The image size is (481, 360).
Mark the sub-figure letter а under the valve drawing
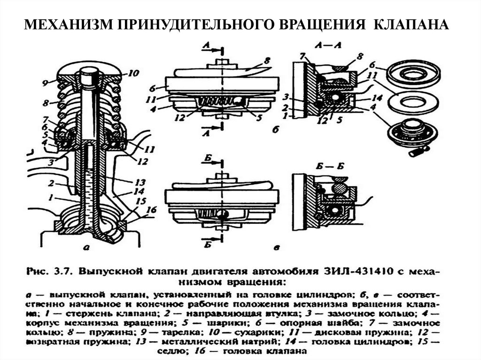(x=90, y=249)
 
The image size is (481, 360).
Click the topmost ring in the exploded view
(x=413, y=73)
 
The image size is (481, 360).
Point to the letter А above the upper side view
(x=206, y=46)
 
